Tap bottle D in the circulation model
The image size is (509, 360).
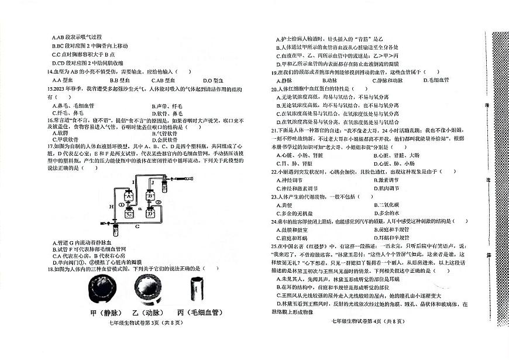(150, 213)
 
